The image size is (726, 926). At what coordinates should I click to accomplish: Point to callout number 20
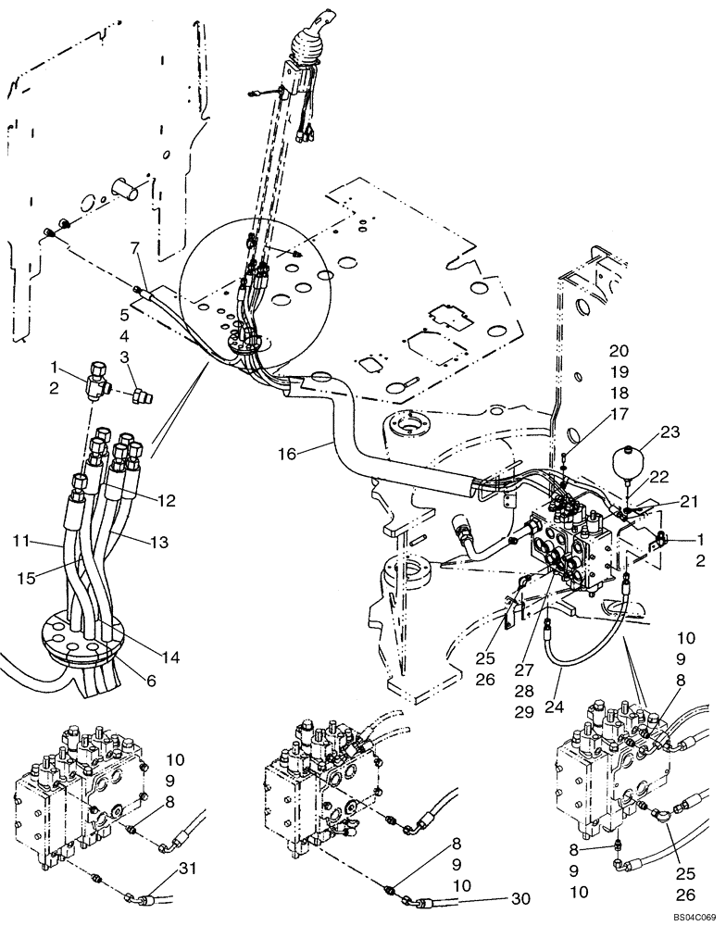619,350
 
